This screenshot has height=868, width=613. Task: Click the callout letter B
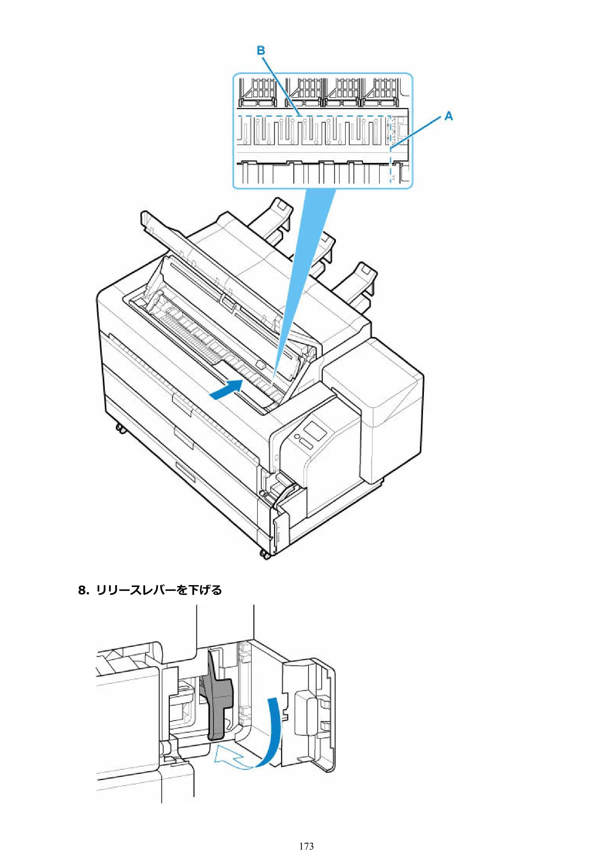(x=261, y=50)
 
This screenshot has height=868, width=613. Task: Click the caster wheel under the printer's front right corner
(x=265, y=555)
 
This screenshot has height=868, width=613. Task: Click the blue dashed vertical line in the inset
(x=390, y=149)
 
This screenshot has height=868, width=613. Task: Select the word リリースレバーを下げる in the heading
(x=159, y=590)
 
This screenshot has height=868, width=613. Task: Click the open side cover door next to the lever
(x=308, y=713)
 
